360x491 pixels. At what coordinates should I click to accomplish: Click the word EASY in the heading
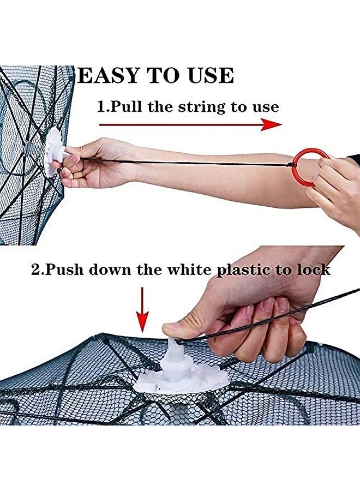107,75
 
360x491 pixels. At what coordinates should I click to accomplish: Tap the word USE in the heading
211,75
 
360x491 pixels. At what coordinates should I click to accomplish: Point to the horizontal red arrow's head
271,124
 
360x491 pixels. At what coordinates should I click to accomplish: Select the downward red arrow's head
142,321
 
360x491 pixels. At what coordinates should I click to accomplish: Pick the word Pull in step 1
127,107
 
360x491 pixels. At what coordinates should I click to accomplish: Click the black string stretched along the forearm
185,162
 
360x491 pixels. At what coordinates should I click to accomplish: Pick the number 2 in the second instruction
35,270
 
